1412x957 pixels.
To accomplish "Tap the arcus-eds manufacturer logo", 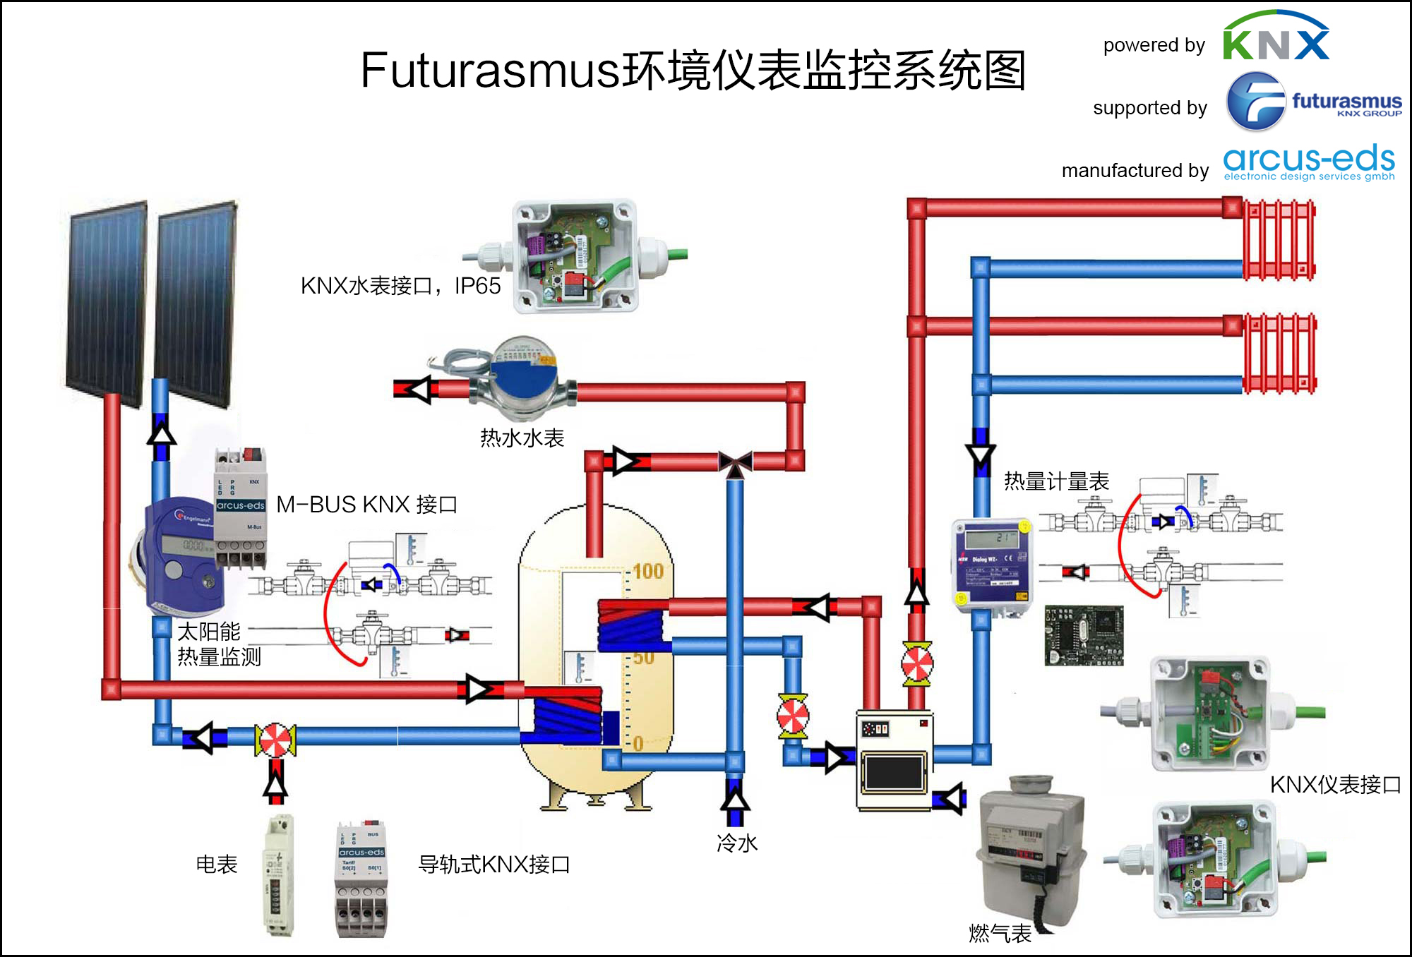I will (1309, 162).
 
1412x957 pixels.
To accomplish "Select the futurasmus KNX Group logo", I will (1313, 102).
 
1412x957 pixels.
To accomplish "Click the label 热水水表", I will (522, 438).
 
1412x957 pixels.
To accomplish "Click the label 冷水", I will (737, 843).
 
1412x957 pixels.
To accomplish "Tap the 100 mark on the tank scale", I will (647, 571).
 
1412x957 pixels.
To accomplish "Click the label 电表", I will (216, 864).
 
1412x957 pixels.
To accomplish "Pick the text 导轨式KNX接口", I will (494, 864).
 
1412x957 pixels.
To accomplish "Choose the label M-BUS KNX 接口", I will (366, 505).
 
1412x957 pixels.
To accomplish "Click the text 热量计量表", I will (1056, 481).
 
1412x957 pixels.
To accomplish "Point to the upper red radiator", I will (1279, 240).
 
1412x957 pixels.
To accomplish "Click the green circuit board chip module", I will (1084, 635).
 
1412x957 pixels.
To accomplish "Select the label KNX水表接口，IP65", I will (400, 286).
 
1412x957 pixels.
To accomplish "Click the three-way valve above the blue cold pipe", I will (735, 463).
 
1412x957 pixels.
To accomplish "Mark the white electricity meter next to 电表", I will (278, 876).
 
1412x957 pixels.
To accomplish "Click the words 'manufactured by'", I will (1135, 171).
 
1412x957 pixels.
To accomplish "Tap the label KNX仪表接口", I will (1335, 785).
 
